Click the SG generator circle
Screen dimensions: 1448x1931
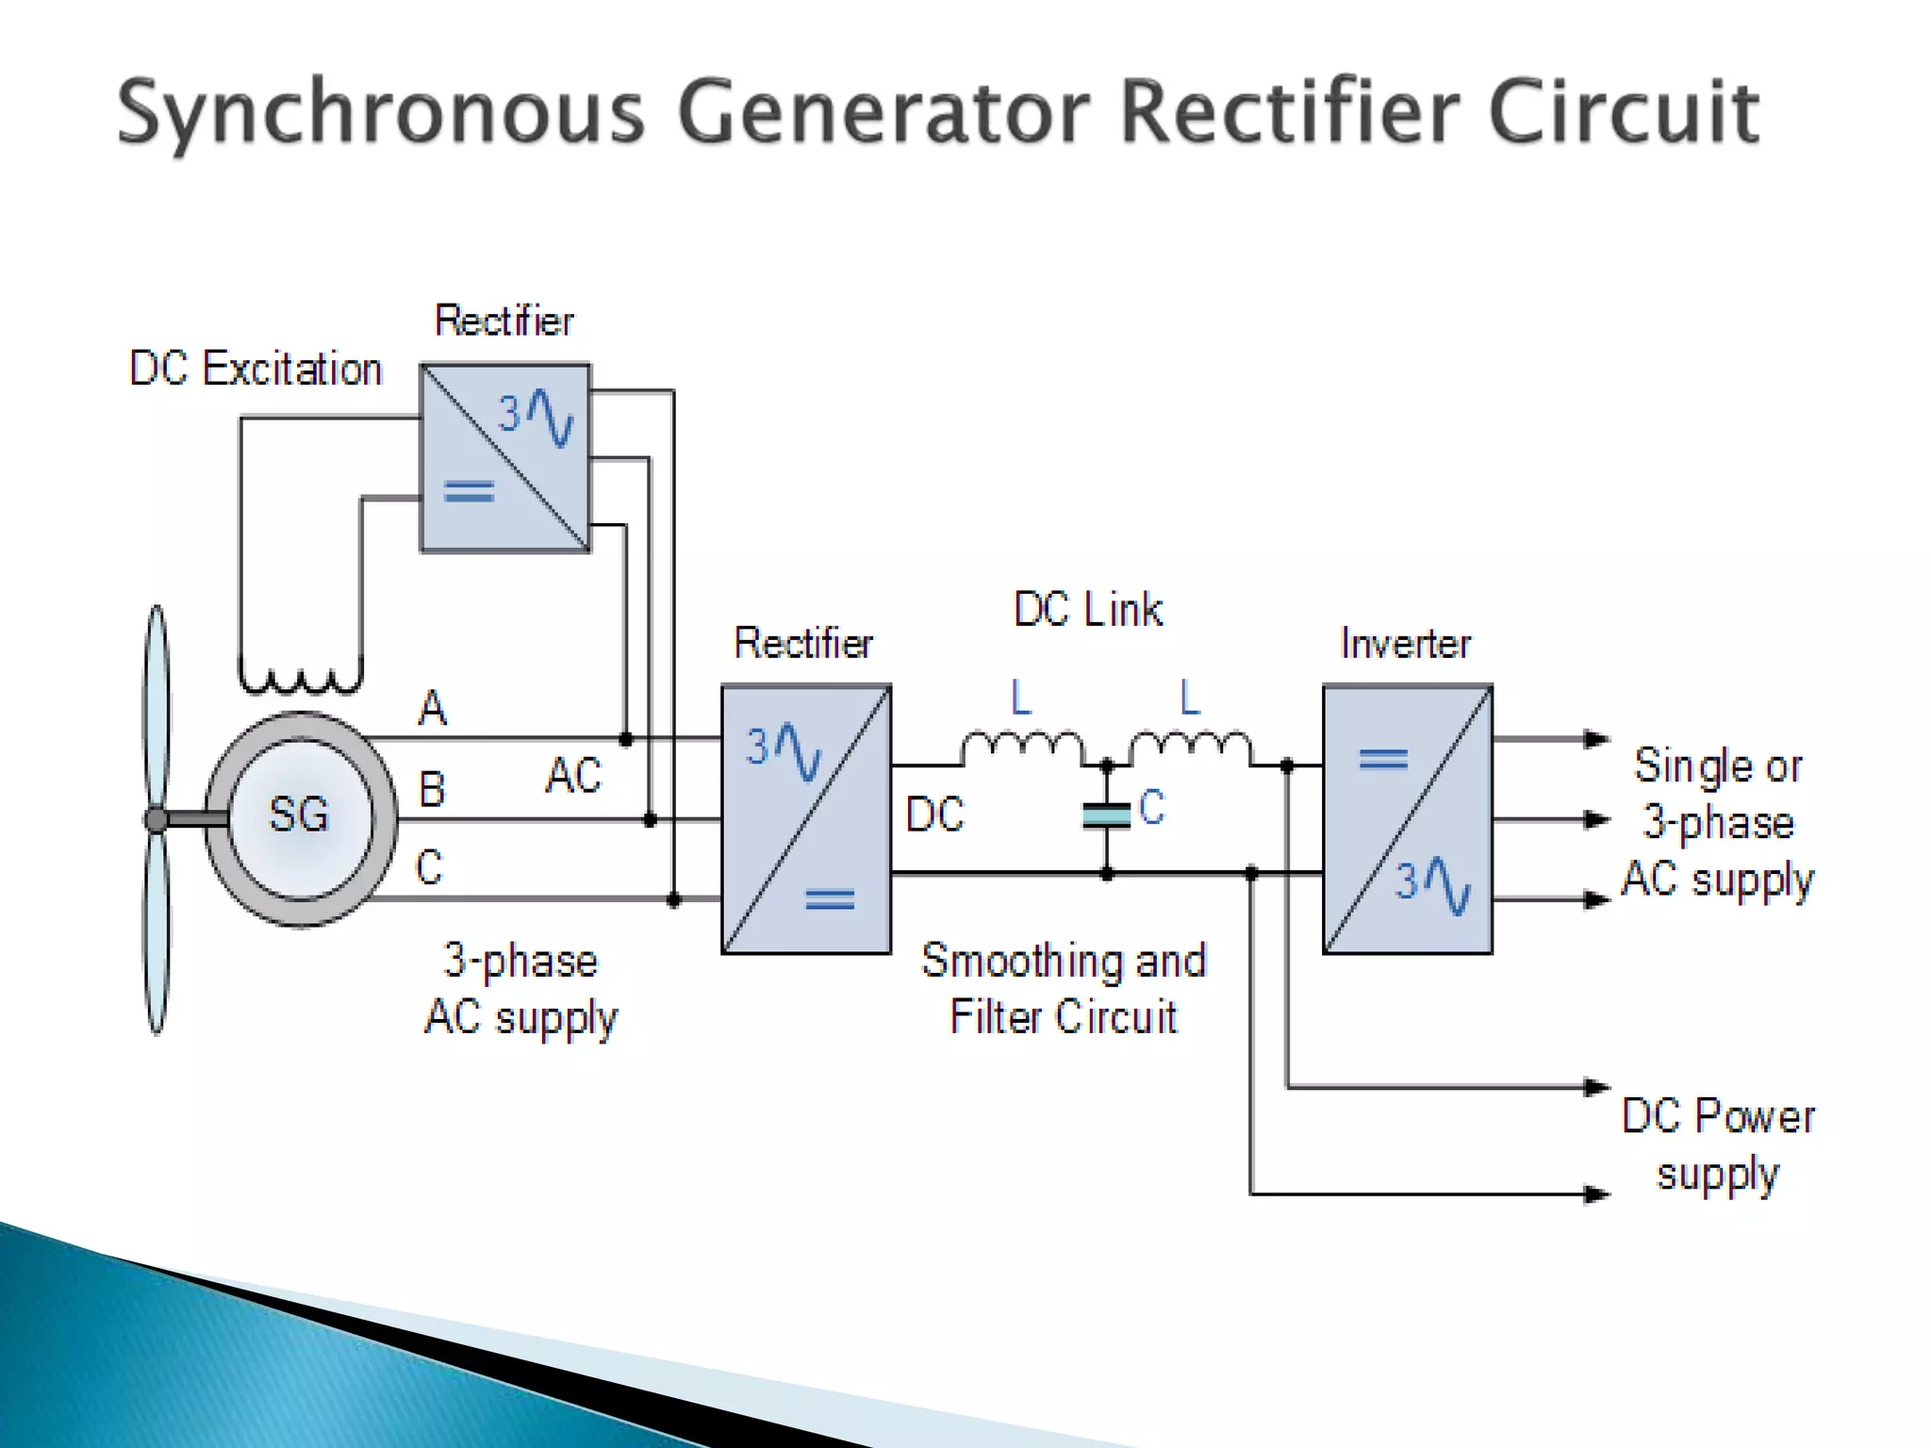300,817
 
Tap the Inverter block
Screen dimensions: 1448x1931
1407,819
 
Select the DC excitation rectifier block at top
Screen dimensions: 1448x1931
505,457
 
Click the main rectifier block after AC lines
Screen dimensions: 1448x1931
806,819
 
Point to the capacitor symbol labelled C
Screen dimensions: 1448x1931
1107,815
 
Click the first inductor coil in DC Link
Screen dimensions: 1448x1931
1023,748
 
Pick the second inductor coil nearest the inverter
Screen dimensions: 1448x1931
1191,748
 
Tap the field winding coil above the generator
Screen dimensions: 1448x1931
300,679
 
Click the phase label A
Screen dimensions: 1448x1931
432,708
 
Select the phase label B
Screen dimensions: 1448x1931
432,789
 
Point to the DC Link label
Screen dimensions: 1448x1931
1088,610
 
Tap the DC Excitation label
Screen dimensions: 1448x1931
256,369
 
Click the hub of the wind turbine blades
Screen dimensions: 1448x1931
157,819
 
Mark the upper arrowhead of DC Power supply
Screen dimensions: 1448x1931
1596,1087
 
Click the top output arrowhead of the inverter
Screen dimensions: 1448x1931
1596,738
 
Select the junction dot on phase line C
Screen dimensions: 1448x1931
673,900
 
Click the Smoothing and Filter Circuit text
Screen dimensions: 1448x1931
1064,988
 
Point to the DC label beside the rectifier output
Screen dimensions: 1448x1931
934,814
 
